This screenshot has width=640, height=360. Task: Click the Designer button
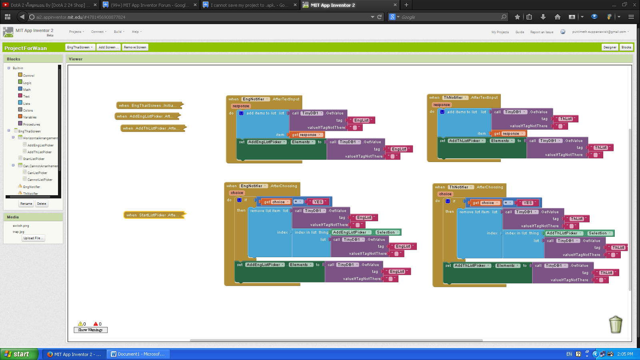point(610,47)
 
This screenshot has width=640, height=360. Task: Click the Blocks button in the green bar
point(626,47)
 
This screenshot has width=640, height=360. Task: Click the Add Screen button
point(108,47)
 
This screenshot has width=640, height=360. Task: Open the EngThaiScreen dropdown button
point(80,47)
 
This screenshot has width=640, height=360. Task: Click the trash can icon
point(616,324)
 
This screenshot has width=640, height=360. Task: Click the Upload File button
point(33,238)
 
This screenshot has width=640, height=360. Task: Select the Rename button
point(26,204)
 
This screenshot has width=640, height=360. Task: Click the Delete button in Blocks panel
point(42,204)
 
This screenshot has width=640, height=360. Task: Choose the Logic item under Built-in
point(27,83)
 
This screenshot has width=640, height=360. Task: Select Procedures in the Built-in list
point(31,124)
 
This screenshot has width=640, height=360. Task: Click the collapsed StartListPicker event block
point(154,215)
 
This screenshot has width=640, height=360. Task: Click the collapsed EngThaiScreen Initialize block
point(149,106)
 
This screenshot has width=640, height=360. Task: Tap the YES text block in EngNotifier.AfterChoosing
point(318,202)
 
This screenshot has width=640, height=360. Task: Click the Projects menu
point(76,32)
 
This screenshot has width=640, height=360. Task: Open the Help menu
point(136,32)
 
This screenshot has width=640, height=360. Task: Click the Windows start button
point(19,354)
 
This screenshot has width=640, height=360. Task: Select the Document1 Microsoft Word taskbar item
point(138,354)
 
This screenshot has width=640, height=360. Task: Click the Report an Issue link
point(542,32)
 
